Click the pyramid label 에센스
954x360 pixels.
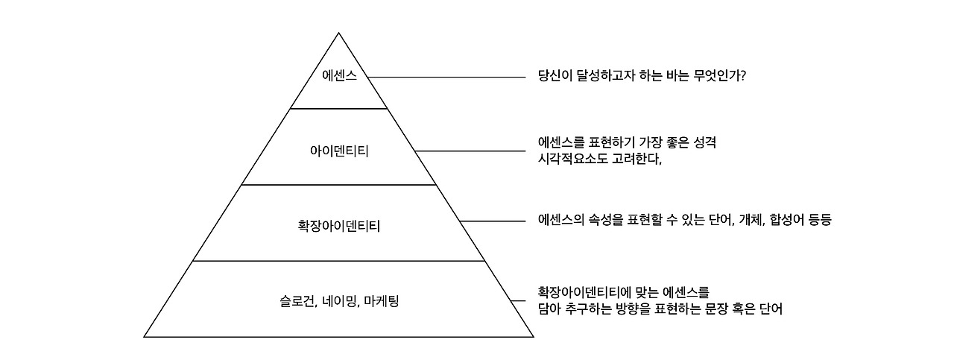coord(339,77)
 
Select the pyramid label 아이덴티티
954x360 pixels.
coord(339,151)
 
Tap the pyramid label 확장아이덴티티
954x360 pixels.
coord(339,224)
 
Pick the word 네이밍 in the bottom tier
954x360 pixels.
coord(340,302)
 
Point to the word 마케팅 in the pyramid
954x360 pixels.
coord(382,302)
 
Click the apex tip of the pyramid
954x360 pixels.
coord(339,34)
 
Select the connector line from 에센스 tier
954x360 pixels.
coord(447,77)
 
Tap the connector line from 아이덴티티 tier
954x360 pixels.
coord(470,151)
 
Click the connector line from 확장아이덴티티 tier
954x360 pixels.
coord(493,221)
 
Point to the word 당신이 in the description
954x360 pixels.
coord(556,76)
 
